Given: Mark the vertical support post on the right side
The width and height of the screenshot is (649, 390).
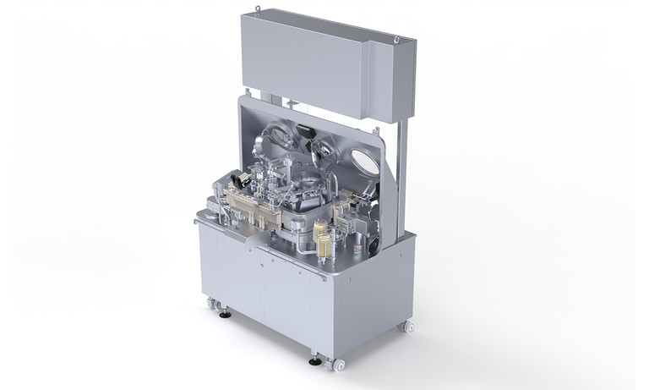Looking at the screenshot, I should (x=406, y=169).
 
